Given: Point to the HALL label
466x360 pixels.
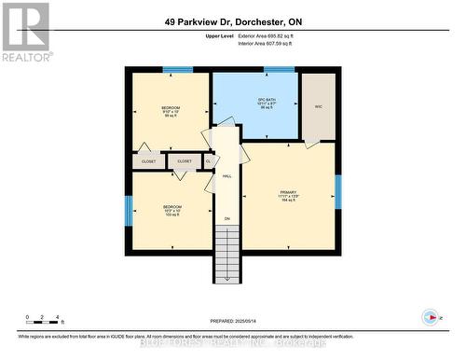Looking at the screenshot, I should [x=226, y=174].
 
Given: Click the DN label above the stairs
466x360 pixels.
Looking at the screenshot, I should [x=226, y=218].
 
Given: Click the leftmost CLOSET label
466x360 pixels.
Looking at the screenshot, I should [x=149, y=161].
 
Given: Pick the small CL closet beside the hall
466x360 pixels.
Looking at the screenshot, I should [x=209, y=161].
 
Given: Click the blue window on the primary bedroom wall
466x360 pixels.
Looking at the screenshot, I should [x=338, y=191].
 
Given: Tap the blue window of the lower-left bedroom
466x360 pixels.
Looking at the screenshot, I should [x=128, y=210].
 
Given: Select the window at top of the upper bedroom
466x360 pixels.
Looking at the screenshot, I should [x=171, y=69].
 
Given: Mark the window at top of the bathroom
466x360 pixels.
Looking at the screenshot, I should [x=279, y=69].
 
